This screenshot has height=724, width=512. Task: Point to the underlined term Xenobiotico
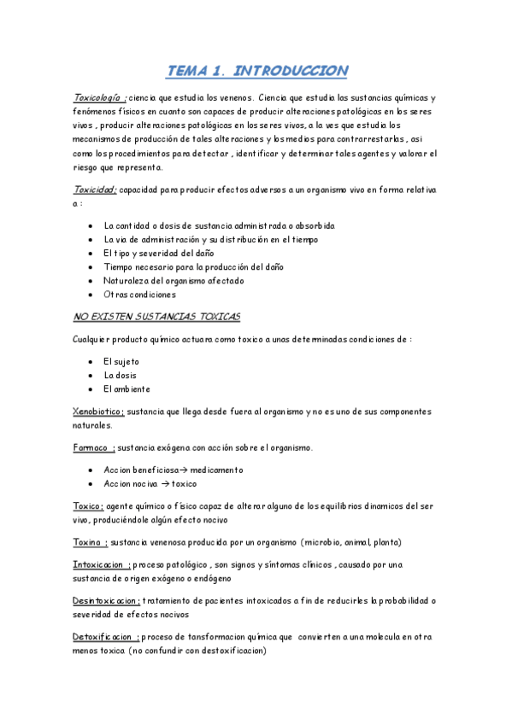[x=98, y=412]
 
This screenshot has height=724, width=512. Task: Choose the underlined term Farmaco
[x=92, y=447]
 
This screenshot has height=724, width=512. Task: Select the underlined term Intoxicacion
[x=102, y=564]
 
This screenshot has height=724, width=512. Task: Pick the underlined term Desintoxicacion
[x=107, y=600]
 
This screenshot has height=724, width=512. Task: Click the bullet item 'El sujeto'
[x=121, y=361]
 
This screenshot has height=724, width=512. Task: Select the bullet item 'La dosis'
[x=121, y=375]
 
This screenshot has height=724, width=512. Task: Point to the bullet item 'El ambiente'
[x=127, y=388]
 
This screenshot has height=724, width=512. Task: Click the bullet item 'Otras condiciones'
[x=140, y=295]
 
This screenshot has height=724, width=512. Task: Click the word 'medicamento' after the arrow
[x=216, y=470]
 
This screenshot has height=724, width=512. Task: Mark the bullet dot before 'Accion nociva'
[x=91, y=483]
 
